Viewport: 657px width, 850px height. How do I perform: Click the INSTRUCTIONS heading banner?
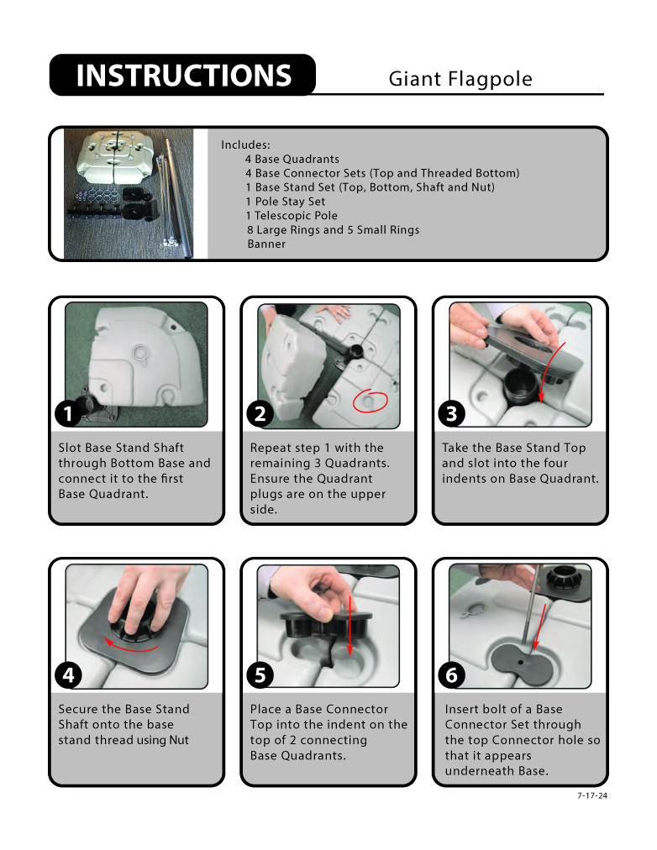point(182,75)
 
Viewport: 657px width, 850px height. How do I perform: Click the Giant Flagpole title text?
point(460,79)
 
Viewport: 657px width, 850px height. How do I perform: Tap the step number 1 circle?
point(68,414)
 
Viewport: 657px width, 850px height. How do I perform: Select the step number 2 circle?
point(260,414)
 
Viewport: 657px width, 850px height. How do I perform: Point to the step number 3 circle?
point(451,414)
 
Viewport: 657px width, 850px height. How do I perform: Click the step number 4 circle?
point(68,675)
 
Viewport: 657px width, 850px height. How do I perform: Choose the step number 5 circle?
point(260,675)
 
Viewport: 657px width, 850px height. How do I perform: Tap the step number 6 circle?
point(451,675)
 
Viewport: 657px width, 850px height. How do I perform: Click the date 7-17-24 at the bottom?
point(592,795)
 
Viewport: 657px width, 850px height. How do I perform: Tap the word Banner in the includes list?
point(266,244)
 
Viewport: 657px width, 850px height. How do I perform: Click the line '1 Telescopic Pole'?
point(291,216)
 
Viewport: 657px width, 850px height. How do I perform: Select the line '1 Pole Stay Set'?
point(285,202)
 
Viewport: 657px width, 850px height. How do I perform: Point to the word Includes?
point(245,144)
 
